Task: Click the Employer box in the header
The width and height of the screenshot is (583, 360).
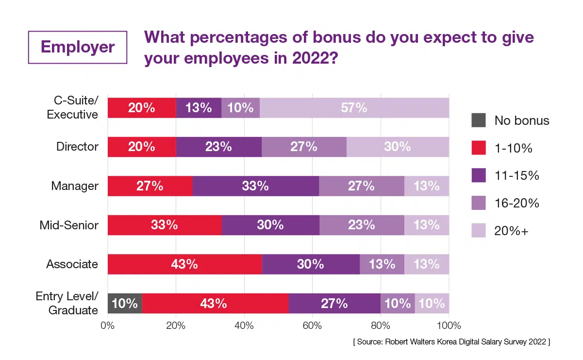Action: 78,47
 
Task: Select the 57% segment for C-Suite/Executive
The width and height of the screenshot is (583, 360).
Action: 354,108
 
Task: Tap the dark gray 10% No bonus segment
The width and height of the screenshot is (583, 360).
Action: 124,304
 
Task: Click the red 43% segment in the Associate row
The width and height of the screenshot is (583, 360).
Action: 184,264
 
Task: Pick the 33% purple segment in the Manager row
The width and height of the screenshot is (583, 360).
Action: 255,186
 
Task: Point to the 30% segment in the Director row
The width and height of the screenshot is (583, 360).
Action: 398,147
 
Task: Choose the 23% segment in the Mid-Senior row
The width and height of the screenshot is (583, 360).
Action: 362,225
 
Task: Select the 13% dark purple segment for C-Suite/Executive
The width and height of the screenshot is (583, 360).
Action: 199,108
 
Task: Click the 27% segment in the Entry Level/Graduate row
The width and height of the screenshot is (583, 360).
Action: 334,304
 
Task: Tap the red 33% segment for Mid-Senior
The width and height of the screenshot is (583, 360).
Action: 164,225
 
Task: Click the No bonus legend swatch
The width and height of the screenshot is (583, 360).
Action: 478,120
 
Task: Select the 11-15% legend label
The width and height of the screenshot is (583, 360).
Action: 516,176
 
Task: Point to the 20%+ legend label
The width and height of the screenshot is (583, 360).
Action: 511,232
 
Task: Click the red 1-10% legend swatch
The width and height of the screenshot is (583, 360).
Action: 478,148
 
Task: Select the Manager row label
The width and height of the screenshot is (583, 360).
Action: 75,186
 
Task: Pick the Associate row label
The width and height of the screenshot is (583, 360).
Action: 72,264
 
